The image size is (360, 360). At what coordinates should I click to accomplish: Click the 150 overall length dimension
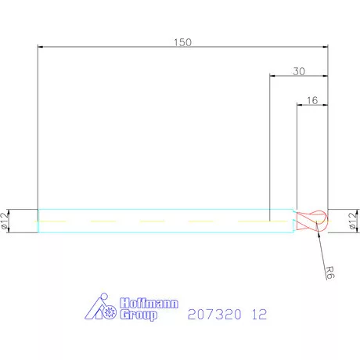tap(182, 42)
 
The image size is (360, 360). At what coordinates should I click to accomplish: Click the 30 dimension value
tap(298, 70)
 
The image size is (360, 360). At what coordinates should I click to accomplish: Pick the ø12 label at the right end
tap(352, 221)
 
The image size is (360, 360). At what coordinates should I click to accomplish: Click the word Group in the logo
tap(139, 315)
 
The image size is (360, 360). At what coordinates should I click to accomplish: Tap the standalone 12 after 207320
tap(260, 315)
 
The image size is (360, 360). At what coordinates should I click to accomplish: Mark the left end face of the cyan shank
tap(38, 221)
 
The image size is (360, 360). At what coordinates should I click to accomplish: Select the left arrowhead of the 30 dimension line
tap(272, 76)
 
